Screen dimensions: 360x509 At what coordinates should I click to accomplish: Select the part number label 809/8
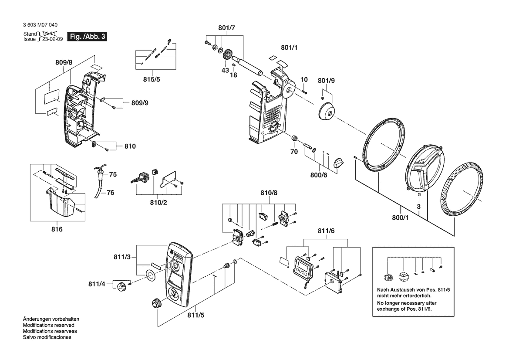(x=64, y=63)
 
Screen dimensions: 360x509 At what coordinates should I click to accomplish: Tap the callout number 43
(x=225, y=70)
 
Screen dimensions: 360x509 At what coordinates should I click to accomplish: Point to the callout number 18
(x=234, y=75)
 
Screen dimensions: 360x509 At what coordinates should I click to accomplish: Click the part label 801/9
(x=326, y=81)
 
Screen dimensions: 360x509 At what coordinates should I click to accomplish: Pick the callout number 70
(x=294, y=152)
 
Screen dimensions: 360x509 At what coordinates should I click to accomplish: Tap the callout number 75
(x=113, y=174)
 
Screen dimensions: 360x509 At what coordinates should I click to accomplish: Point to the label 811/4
(x=97, y=284)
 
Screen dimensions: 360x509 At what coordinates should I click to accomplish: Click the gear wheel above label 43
(x=226, y=56)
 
